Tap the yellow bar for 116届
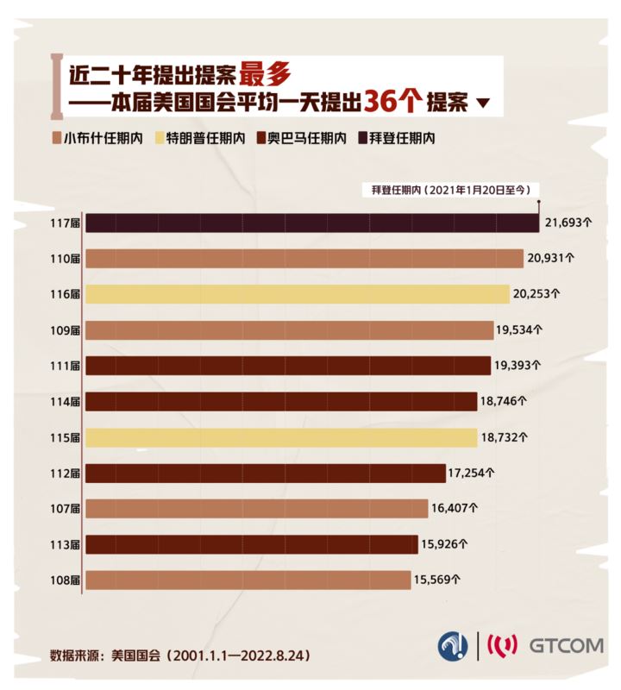click(298, 294)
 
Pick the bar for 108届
click(248, 580)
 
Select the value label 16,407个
click(457, 508)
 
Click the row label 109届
click(66, 330)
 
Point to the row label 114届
click(66, 401)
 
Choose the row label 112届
click(66, 473)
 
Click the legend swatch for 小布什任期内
click(57, 137)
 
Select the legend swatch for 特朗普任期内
click(160, 137)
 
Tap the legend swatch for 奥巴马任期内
click(261, 137)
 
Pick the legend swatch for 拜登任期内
click(363, 137)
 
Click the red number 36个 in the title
click(393, 102)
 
